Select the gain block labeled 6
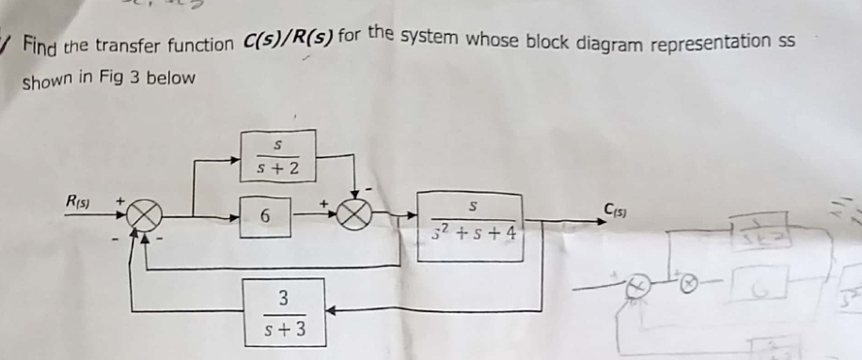click(x=267, y=217)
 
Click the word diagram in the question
click(x=614, y=42)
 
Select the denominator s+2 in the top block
click(x=278, y=170)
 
